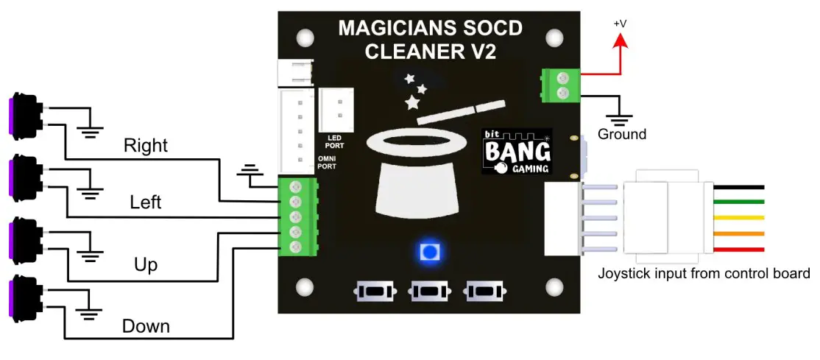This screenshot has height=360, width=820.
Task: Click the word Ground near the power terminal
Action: [621, 134]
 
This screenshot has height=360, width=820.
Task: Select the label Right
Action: [146, 145]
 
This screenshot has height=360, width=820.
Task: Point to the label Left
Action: [145, 202]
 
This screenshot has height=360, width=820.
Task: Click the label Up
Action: [146, 264]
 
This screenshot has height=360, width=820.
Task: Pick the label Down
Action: [146, 326]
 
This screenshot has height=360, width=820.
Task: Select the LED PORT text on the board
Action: [334, 141]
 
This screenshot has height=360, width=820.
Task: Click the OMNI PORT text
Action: [326, 162]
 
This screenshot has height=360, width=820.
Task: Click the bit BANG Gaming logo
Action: [517, 152]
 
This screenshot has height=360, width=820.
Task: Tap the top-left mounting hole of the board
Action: [301, 35]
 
